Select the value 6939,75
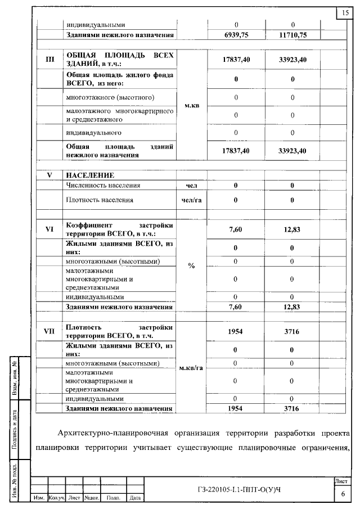[x=236, y=35]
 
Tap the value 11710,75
[x=292, y=35]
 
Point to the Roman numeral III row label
[x=49, y=58]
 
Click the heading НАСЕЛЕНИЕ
[x=90, y=175]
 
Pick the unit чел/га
[x=191, y=200]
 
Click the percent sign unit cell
[x=191, y=265]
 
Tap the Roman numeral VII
[x=49, y=331]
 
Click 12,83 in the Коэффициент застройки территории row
[x=292, y=229]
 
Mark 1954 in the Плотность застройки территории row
[x=236, y=331]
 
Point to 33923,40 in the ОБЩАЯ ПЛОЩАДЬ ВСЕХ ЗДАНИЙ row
[x=292, y=59]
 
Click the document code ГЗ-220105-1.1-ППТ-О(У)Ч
[x=240, y=488]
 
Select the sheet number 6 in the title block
[x=343, y=493]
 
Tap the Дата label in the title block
[x=135, y=498]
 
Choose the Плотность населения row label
[x=100, y=200]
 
